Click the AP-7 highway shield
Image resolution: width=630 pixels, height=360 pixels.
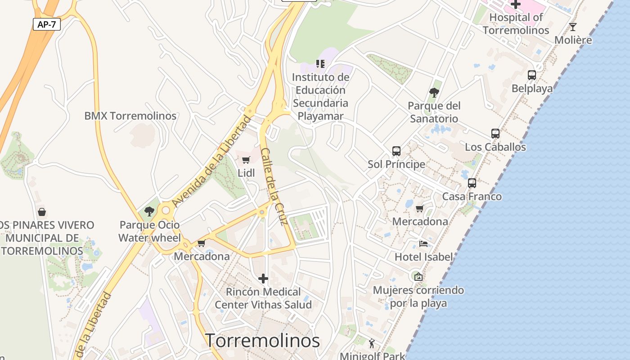pos(47,24)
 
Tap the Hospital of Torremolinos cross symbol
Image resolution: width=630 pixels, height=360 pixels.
pos(515,4)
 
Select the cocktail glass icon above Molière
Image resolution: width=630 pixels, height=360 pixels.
pos(572,27)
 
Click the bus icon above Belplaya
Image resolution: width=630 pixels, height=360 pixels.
pos(531,75)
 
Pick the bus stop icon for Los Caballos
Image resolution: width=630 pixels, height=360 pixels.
pos(495,134)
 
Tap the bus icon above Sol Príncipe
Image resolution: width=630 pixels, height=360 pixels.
pos(396,151)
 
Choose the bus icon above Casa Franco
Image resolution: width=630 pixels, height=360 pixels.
pos(472,183)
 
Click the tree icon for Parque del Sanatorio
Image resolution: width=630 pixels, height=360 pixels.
pos(434,93)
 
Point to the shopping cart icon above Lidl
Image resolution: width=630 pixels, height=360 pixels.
pos(246,160)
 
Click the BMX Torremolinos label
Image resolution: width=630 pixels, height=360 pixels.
pos(130,116)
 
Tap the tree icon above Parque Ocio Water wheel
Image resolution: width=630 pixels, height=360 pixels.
pos(149,211)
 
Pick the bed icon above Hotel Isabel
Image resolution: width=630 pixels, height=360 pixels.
pos(423,244)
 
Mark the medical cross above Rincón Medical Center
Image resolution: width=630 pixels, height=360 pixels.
pos(263,279)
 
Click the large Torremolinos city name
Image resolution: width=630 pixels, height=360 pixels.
pos(262,341)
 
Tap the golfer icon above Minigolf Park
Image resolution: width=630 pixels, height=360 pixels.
pos(372,344)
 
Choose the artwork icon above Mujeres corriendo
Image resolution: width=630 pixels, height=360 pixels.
pos(418,277)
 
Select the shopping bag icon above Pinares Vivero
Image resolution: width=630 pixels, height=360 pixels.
pos(42,212)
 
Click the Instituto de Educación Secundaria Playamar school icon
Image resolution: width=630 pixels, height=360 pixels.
pos(320,64)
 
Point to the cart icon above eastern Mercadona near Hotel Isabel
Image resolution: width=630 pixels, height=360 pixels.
pos(419,209)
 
